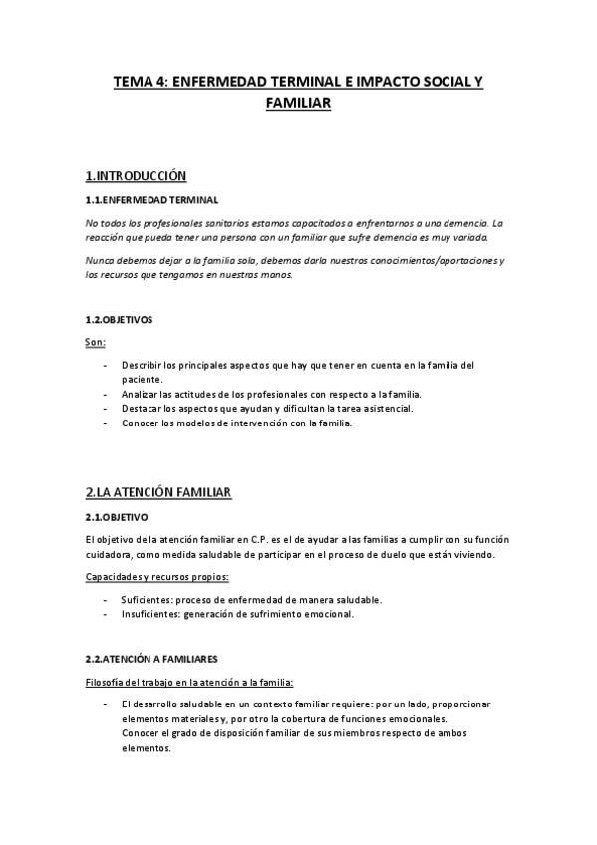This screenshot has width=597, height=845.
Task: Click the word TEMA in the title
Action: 132,84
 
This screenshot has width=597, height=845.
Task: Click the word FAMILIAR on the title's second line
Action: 298,102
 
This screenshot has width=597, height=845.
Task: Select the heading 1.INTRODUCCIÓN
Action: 137,176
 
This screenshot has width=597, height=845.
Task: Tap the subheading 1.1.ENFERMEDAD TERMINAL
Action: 152,200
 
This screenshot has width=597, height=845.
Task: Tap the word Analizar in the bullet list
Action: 140,394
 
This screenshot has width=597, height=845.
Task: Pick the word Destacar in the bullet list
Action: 141,409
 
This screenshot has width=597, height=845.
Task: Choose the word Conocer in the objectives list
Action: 139,422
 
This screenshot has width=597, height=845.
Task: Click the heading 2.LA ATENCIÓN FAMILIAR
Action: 159,492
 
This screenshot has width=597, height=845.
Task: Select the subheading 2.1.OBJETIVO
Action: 117,517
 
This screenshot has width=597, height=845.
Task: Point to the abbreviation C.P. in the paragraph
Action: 253,540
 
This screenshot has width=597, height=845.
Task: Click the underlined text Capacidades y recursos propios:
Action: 157,577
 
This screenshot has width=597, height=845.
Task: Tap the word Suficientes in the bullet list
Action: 146,600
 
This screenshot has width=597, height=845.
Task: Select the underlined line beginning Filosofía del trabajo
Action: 189,683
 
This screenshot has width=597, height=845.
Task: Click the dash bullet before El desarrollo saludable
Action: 105,704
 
